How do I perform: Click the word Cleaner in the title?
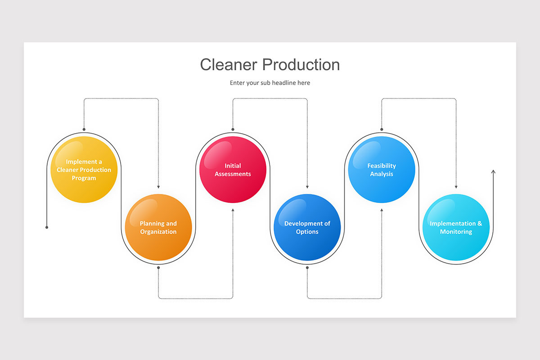click(x=229, y=65)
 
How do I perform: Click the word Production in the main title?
click(x=301, y=65)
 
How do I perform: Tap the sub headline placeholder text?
click(x=270, y=83)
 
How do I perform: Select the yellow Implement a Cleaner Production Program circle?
click(x=84, y=170)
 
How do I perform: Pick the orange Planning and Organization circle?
click(x=158, y=227)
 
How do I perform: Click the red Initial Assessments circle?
click(x=233, y=170)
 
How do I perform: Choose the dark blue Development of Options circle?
click(x=307, y=227)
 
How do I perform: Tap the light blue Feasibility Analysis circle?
click(x=382, y=170)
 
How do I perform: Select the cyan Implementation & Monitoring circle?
click(x=456, y=227)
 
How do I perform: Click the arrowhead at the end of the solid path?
click(x=493, y=172)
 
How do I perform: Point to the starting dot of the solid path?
click(x=47, y=227)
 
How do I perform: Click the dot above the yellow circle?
click(x=84, y=129)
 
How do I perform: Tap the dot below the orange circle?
click(x=158, y=268)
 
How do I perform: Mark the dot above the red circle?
click(x=233, y=129)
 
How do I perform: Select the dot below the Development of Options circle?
click(x=307, y=268)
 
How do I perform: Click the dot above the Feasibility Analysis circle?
click(x=382, y=129)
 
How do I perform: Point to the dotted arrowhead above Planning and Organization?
click(x=158, y=187)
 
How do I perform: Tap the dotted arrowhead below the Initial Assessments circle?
click(x=233, y=210)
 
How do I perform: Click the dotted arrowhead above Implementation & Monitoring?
click(x=456, y=187)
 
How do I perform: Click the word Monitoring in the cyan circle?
click(x=456, y=232)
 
